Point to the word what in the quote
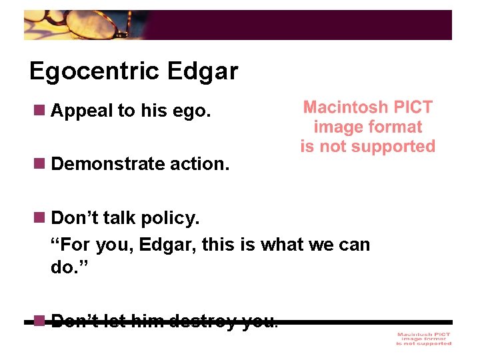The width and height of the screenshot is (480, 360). (x=284, y=245)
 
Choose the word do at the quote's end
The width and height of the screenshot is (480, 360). (x=62, y=267)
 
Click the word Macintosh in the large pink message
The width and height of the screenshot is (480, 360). (x=344, y=107)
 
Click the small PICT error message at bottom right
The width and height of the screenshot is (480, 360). (x=423, y=339)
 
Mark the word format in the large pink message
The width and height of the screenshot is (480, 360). (x=396, y=127)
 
